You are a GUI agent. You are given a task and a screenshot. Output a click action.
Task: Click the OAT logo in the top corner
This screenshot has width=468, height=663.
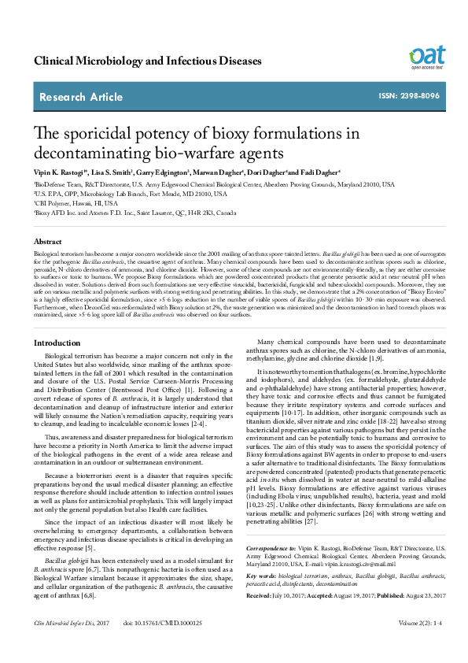pyautogui.click(x=426, y=56)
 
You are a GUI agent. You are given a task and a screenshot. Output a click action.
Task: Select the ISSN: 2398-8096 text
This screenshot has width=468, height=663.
pyautogui.click(x=409, y=96)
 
